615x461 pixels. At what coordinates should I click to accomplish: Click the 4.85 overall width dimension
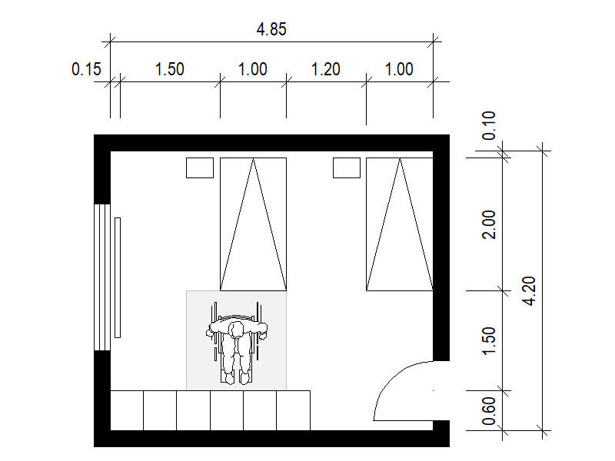point(271,29)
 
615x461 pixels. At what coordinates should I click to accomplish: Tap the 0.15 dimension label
point(86,69)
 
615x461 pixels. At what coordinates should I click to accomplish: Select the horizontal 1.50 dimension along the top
point(169,69)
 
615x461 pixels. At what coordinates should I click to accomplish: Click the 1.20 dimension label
point(325,69)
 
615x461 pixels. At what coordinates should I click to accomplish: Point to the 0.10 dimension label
point(489,125)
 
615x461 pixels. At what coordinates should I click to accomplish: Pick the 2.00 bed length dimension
point(489,224)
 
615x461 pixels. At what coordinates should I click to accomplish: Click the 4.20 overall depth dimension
point(530,291)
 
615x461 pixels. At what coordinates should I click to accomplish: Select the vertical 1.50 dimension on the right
point(489,341)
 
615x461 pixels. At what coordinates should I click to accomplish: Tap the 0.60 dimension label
point(489,411)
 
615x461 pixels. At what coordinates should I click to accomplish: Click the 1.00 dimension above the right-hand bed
point(399,69)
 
